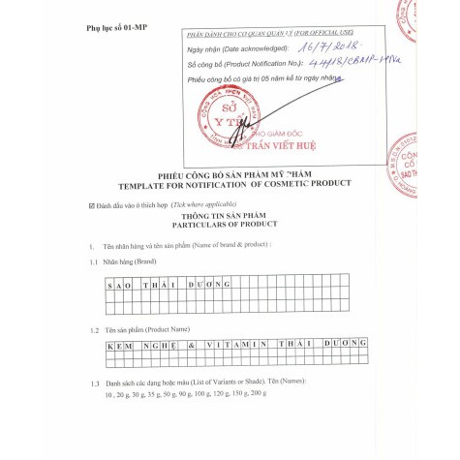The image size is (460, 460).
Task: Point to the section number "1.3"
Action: point(94,385)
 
